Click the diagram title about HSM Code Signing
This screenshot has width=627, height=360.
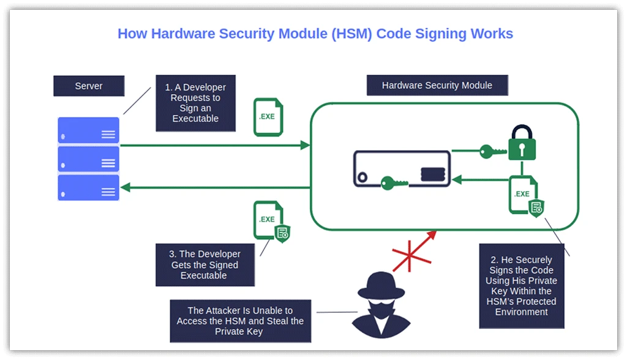tap(315, 33)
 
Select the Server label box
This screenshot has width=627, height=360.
tap(89, 86)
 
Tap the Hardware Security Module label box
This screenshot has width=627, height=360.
tap(437, 85)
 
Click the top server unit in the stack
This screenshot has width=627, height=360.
tap(89, 130)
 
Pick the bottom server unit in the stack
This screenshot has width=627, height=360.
tap(89, 188)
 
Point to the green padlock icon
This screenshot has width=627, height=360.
tap(522, 144)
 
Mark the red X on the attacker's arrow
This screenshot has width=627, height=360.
tap(411, 255)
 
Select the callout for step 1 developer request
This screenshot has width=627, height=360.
tap(195, 103)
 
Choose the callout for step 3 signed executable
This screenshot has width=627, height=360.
tap(205, 264)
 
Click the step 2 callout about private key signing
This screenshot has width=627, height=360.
tap(522, 286)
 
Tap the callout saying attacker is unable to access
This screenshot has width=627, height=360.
tap(241, 321)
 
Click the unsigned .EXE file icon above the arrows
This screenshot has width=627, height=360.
tap(268, 116)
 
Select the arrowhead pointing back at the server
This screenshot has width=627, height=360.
tap(125, 187)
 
